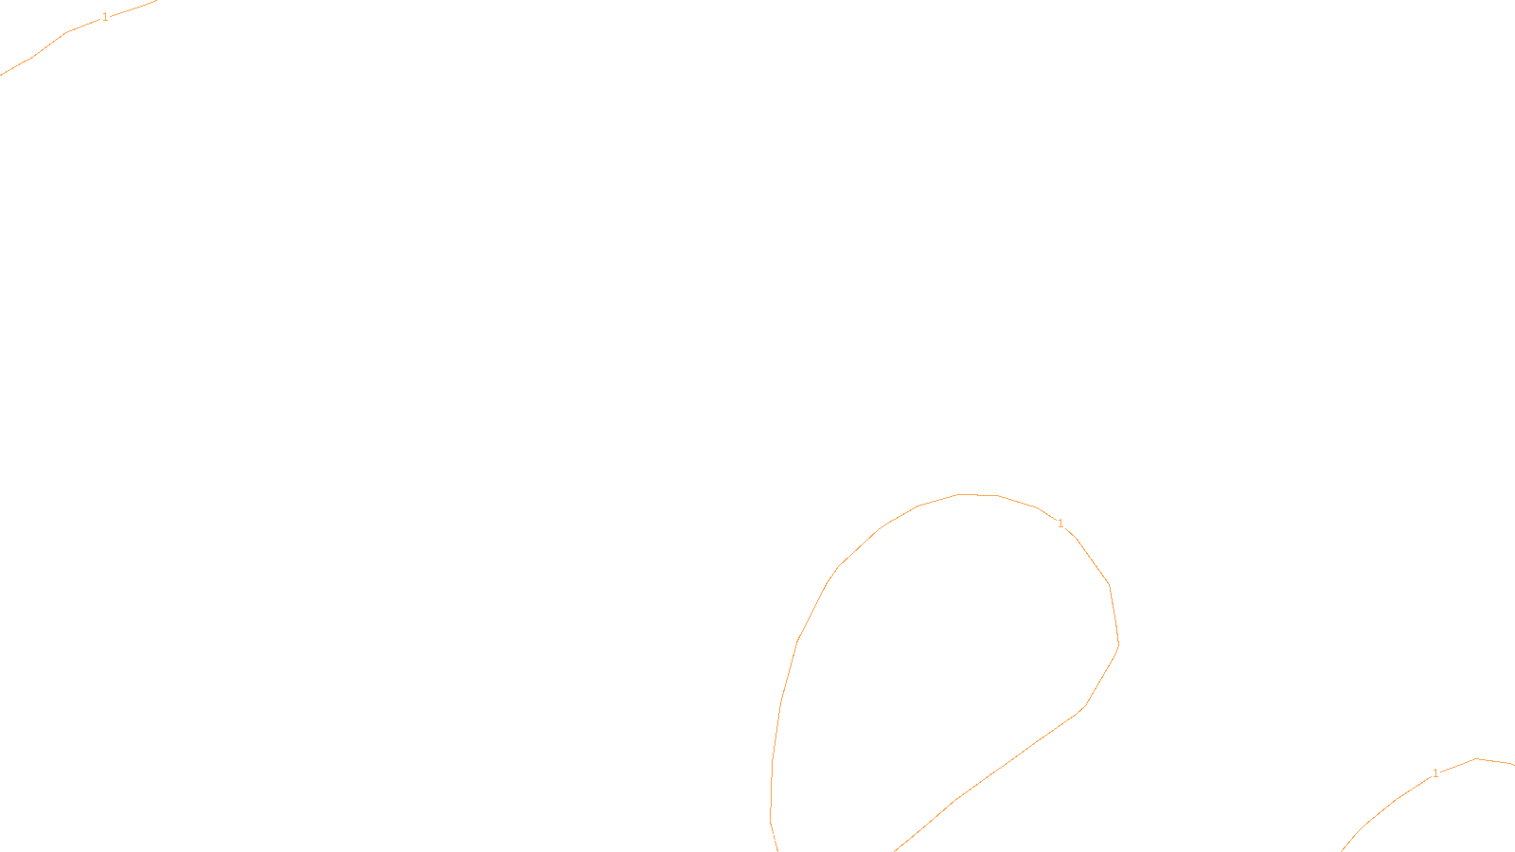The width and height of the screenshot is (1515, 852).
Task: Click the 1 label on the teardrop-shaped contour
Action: [x=1060, y=524]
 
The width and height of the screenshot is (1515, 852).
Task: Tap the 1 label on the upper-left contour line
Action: [x=104, y=17]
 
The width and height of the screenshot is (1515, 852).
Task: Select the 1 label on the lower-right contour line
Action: [x=1435, y=773]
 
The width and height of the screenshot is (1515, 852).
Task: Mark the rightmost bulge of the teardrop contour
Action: [x=1118, y=644]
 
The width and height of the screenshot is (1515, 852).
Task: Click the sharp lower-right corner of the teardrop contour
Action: [x=1084, y=706]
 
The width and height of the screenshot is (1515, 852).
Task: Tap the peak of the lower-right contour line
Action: [x=1477, y=759]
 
